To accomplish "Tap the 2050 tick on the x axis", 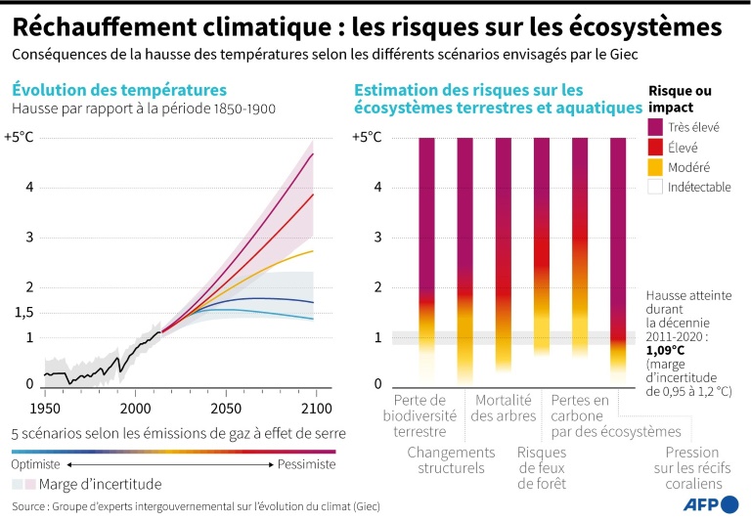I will click(x=225, y=408).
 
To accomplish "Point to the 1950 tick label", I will click(x=44, y=408).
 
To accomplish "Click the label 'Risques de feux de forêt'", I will click(x=541, y=467).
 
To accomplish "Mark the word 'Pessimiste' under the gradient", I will click(x=306, y=464).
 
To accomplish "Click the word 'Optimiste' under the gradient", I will click(x=36, y=464).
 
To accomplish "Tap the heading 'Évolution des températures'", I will click(x=118, y=90).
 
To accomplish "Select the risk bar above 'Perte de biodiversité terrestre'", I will click(x=426, y=254).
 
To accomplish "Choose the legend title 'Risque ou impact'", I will click(x=681, y=98).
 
